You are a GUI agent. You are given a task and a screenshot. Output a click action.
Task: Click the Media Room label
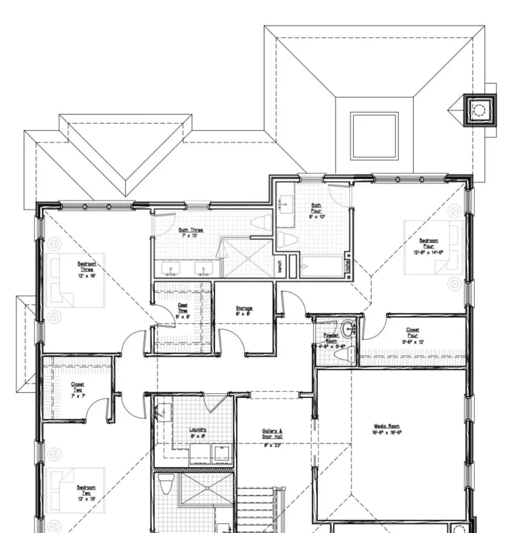(x=387, y=429)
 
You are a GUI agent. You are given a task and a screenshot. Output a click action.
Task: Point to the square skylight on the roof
(x=374, y=135)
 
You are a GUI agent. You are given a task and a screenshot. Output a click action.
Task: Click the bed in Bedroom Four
(x=433, y=247)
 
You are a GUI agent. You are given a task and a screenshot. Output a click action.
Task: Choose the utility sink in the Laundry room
(x=163, y=413)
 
